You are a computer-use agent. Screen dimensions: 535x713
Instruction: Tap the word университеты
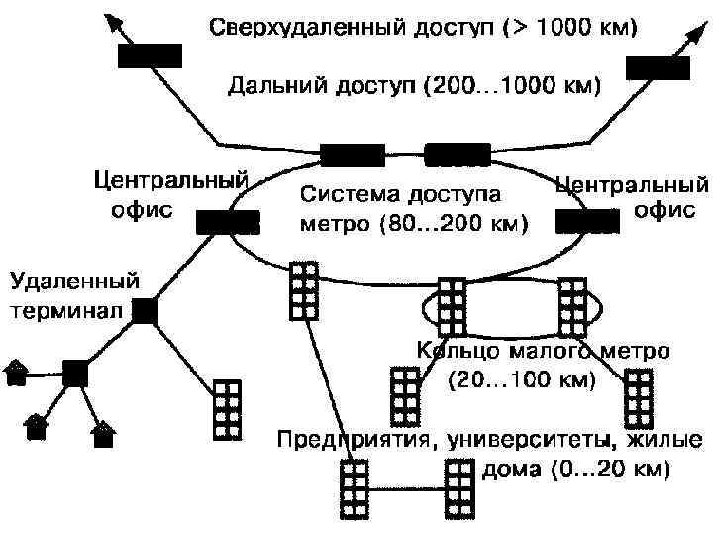(x=514, y=438)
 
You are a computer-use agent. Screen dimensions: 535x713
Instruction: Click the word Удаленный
(x=74, y=280)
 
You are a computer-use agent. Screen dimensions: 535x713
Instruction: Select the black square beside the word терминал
(x=146, y=311)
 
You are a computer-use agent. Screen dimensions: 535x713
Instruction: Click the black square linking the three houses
(x=75, y=374)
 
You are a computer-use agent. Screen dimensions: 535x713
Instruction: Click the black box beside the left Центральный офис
(x=228, y=223)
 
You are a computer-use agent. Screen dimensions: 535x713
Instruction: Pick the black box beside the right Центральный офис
(x=585, y=222)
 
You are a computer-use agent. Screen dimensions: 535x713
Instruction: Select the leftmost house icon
(x=17, y=372)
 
